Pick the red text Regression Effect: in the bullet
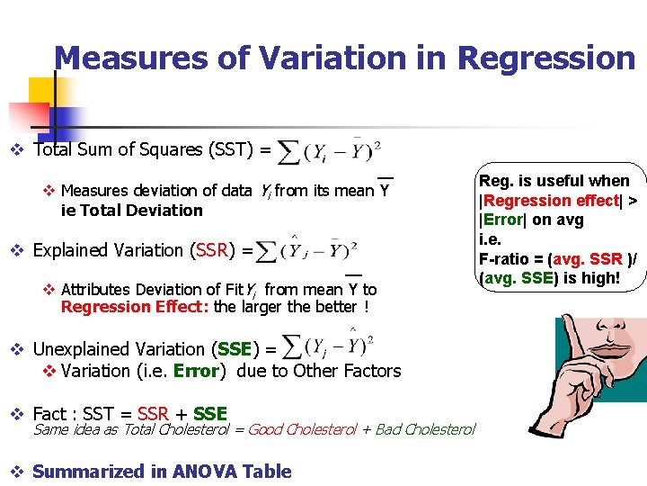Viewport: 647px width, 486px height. (109, 307)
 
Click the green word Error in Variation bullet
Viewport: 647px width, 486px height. (196, 371)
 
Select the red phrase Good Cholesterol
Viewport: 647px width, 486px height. (301, 429)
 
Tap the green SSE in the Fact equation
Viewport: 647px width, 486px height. (209, 414)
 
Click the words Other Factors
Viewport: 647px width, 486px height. (345, 371)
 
